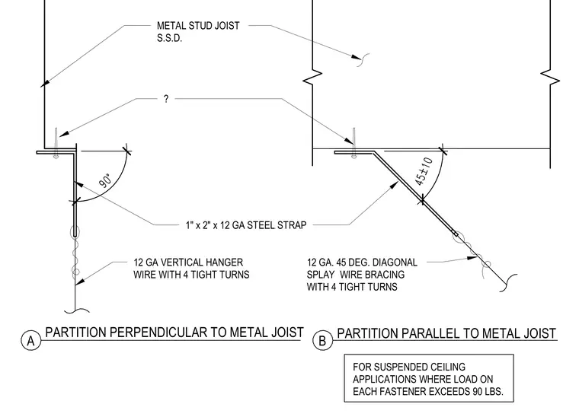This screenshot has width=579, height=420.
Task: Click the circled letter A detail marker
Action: pyautogui.click(x=30, y=340)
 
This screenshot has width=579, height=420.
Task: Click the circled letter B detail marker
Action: pyautogui.click(x=322, y=340)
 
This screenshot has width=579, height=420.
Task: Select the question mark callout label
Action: pyautogui.click(x=166, y=99)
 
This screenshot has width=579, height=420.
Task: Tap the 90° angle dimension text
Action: pyautogui.click(x=105, y=180)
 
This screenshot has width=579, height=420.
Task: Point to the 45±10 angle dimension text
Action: pyautogui.click(x=424, y=171)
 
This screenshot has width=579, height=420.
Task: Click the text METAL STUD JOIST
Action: pyautogui.click(x=198, y=26)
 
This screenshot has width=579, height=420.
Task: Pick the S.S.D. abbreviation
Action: pyautogui.click(x=169, y=38)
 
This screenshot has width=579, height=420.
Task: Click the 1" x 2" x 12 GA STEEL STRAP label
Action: pyautogui.click(x=246, y=225)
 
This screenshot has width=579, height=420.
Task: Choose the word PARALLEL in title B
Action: pyautogui.click(x=430, y=333)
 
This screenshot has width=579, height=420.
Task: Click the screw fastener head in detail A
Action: pyautogui.click(x=56, y=156)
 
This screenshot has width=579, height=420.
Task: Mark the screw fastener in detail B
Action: pyautogui.click(x=354, y=143)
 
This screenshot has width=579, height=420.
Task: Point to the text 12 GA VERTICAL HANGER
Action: pyautogui.click(x=188, y=262)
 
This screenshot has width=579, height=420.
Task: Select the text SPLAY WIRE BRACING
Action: pyautogui.click(x=356, y=275)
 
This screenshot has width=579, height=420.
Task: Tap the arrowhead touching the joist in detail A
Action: pyautogui.click(x=45, y=84)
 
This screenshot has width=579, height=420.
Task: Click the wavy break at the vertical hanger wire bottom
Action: pyautogui.click(x=76, y=311)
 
